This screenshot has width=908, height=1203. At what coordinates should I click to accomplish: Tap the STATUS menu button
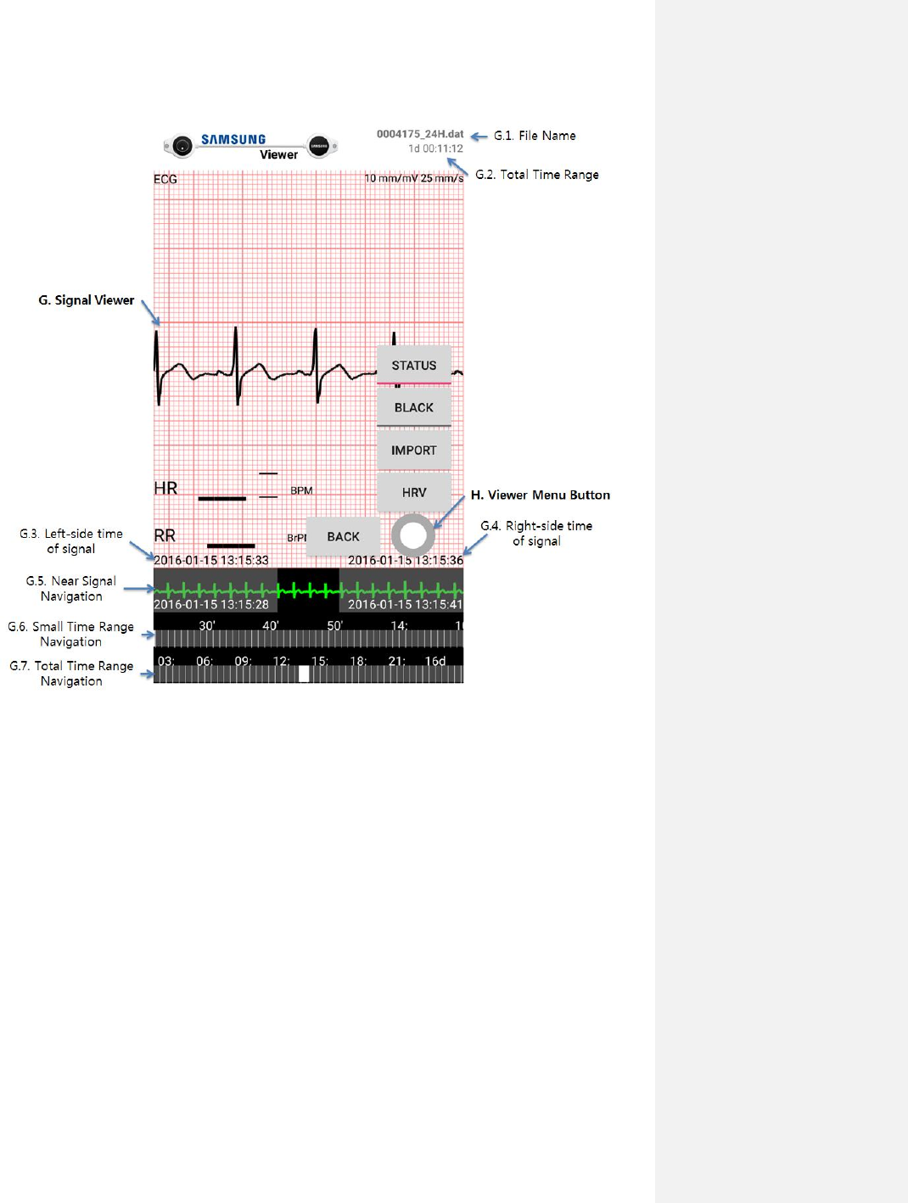(x=414, y=366)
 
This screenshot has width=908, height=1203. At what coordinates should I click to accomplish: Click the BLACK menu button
(x=414, y=408)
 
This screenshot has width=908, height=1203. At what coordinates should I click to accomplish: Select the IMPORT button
(x=414, y=450)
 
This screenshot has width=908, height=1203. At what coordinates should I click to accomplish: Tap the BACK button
(x=343, y=537)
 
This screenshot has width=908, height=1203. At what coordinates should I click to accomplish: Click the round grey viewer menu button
(x=413, y=535)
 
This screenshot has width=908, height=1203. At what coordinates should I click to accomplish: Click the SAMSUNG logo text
(x=233, y=139)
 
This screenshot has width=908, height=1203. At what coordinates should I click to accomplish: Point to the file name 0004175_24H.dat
(x=420, y=134)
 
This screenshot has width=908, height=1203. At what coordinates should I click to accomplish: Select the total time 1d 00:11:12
(x=435, y=148)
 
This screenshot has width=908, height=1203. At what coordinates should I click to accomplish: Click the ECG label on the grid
(x=165, y=179)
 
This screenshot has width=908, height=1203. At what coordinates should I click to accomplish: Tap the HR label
(x=165, y=488)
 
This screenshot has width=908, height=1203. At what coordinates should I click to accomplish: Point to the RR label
(x=165, y=535)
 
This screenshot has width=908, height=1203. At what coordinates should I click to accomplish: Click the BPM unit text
(x=301, y=490)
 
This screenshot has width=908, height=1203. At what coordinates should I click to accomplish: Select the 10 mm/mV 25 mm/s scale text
(x=414, y=178)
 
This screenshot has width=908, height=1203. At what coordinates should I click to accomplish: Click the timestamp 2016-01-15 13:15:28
(x=211, y=604)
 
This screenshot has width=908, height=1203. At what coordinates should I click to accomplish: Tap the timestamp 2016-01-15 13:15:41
(x=405, y=604)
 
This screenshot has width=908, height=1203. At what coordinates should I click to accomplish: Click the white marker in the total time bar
(x=304, y=674)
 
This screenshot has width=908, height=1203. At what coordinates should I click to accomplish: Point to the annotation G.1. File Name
(x=535, y=136)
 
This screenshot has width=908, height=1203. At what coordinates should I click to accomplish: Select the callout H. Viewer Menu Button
(x=541, y=495)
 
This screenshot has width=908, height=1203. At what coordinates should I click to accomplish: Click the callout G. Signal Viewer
(x=87, y=300)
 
